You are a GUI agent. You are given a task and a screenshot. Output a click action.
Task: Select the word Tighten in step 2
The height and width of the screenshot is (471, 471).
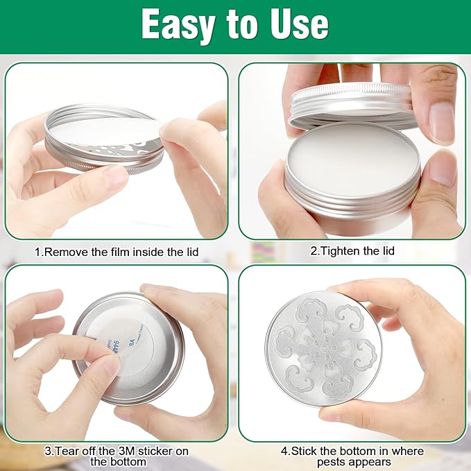(339, 251)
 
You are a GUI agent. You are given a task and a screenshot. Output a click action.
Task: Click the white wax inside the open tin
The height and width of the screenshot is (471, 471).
(352, 161)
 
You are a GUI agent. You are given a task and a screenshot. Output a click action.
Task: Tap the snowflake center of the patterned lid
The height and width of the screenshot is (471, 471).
(323, 348)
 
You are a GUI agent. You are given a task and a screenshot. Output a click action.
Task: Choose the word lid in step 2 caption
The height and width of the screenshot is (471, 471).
(388, 251)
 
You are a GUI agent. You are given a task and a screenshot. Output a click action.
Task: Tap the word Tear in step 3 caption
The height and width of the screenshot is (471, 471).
(65, 451)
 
